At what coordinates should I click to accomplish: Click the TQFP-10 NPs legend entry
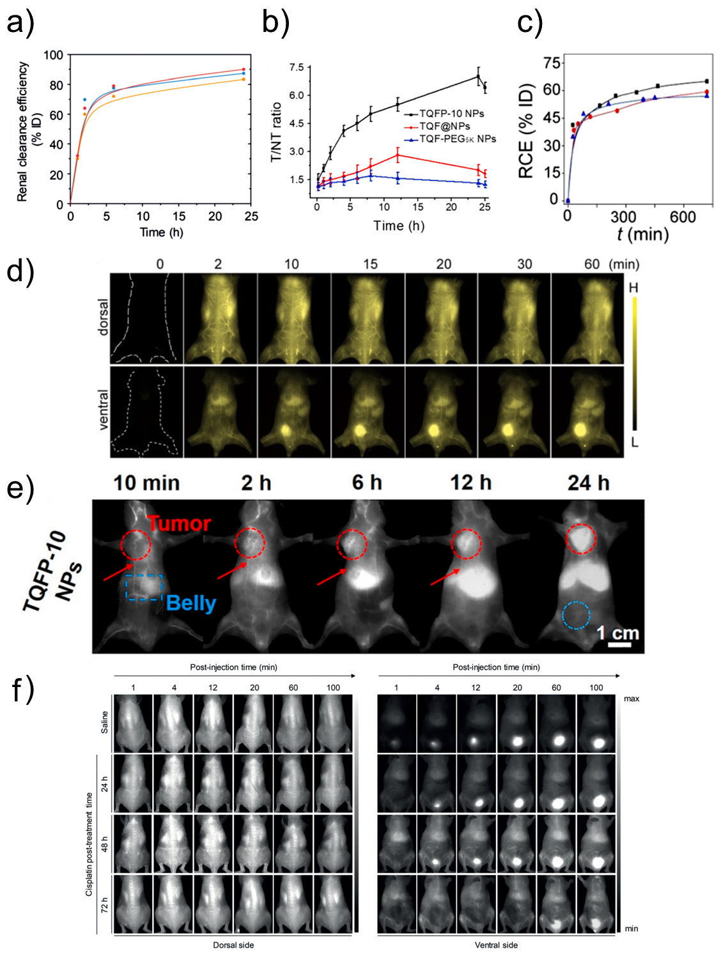click(451, 114)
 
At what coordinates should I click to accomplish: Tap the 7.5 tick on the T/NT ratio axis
click(297, 67)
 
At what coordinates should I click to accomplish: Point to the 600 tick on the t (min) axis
click(682, 217)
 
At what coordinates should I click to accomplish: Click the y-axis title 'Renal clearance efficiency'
click(23, 132)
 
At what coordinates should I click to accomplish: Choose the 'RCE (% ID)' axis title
click(527, 130)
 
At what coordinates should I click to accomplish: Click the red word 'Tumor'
click(179, 524)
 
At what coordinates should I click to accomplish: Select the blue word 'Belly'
click(190, 603)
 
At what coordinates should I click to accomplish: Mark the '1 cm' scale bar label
click(617, 633)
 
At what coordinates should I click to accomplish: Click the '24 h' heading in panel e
click(588, 483)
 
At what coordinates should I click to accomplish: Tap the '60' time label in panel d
click(592, 264)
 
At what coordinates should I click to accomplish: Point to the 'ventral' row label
click(103, 410)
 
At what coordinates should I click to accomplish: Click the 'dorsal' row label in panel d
click(103, 317)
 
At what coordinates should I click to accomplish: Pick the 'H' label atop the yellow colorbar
click(633, 288)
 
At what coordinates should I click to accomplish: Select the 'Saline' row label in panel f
click(105, 722)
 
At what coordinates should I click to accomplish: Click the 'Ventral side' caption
click(496, 945)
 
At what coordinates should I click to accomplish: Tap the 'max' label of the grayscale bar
click(632, 699)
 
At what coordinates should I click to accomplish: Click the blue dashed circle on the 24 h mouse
click(576, 615)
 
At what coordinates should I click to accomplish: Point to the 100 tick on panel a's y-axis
click(54, 56)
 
